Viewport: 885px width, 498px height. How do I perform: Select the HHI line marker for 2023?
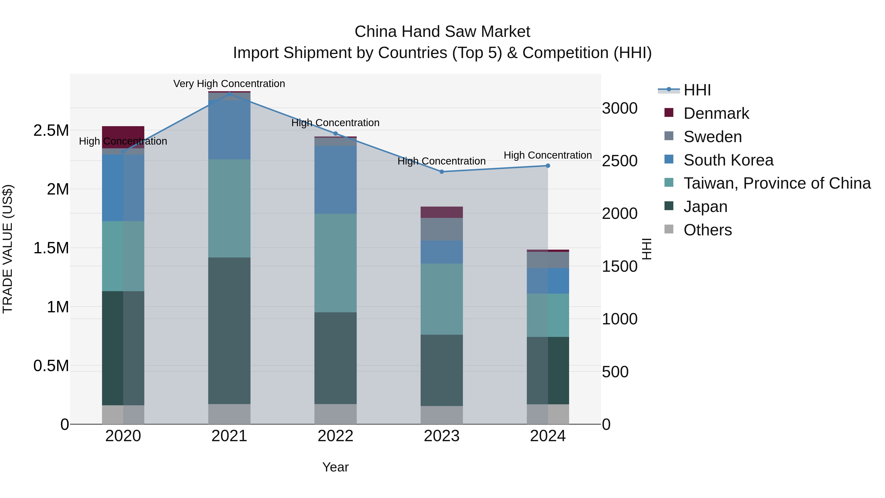pyautogui.click(x=442, y=171)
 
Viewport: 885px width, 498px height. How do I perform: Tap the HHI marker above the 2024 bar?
pyautogui.click(x=548, y=166)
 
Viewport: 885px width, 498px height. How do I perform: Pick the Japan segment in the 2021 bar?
pyautogui.click(x=229, y=330)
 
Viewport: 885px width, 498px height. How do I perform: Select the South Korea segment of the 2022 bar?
pyautogui.click(x=335, y=180)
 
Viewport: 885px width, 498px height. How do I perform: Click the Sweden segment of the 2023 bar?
pyautogui.click(x=442, y=229)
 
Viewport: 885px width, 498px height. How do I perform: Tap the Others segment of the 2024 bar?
pyautogui.click(x=548, y=414)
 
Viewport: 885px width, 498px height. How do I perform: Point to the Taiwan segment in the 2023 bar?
pyautogui.click(x=442, y=299)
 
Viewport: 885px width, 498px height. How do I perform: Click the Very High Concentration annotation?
pyautogui.click(x=229, y=84)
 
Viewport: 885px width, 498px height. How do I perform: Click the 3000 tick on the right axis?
pyautogui.click(x=620, y=108)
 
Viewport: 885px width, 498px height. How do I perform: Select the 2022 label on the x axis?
pyautogui.click(x=335, y=436)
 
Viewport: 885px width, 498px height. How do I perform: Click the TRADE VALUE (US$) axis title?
pyautogui.click(x=8, y=249)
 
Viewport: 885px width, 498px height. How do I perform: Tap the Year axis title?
pyautogui.click(x=335, y=467)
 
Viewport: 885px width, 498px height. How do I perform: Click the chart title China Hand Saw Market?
pyautogui.click(x=442, y=32)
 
